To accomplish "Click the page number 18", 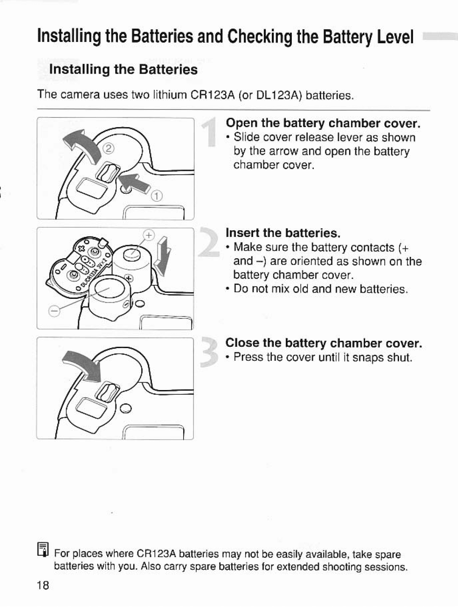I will click(x=43, y=586).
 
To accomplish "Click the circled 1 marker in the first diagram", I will click(x=157, y=196).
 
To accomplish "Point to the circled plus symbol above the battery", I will click(x=149, y=236).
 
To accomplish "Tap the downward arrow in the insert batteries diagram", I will click(x=163, y=257).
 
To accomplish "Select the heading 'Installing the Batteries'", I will click(x=123, y=70).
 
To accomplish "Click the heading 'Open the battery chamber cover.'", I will click(x=323, y=123).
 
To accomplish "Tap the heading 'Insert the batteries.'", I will click(x=283, y=233).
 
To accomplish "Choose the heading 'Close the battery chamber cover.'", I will click(x=324, y=343).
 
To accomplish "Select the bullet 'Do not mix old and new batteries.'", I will click(x=321, y=289).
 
